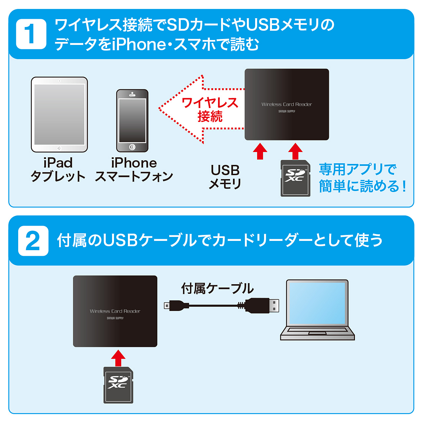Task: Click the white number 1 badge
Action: [x=31, y=34]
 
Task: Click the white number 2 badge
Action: [x=33, y=241]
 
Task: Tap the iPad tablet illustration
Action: [x=59, y=114]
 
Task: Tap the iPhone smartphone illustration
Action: [x=132, y=121]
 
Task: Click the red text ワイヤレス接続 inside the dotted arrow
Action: [x=210, y=109]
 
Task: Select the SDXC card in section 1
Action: [x=295, y=178]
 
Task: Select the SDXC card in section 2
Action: [x=118, y=385]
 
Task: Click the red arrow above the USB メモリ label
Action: [x=260, y=151]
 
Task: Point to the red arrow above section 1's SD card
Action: [x=295, y=151]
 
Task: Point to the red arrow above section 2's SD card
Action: [x=118, y=358]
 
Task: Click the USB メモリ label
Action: [x=225, y=177]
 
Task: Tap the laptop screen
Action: [x=317, y=303]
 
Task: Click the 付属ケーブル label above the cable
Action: [x=217, y=288]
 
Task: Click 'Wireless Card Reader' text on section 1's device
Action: [x=287, y=104]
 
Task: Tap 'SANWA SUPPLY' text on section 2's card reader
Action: [x=115, y=318]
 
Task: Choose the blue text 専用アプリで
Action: [x=358, y=169]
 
